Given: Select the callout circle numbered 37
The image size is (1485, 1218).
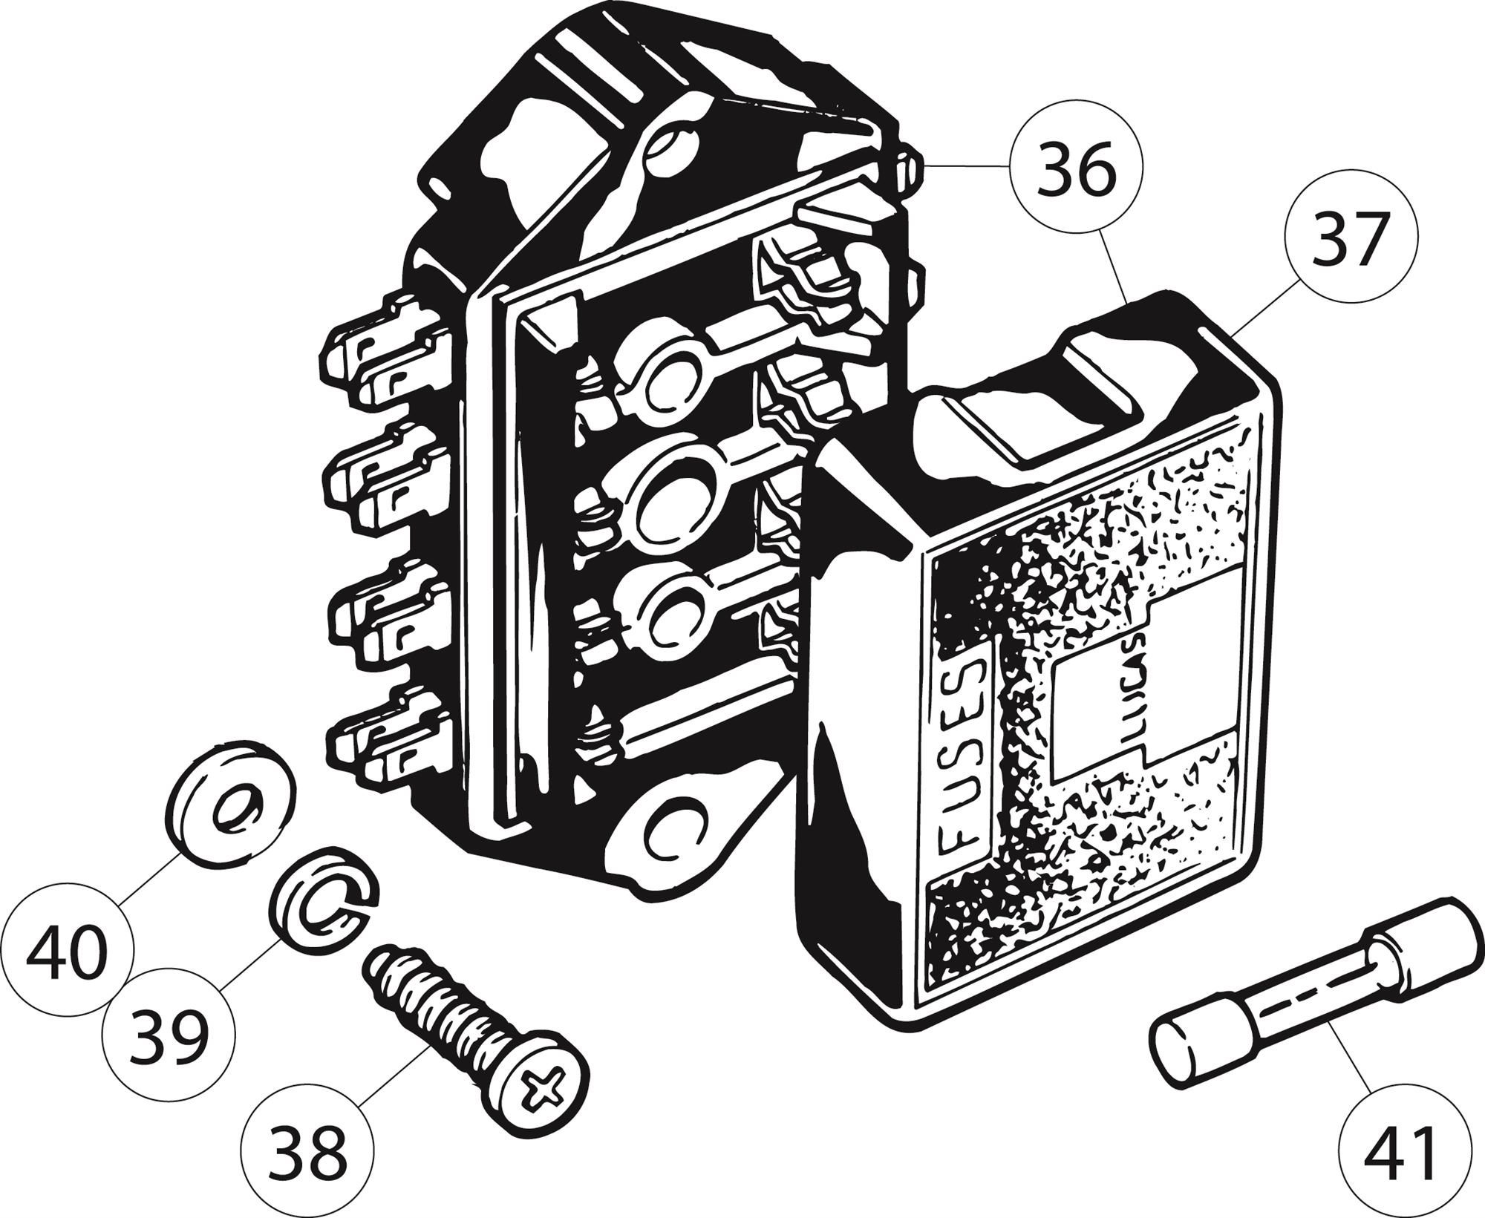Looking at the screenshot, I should pos(1351,237).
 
